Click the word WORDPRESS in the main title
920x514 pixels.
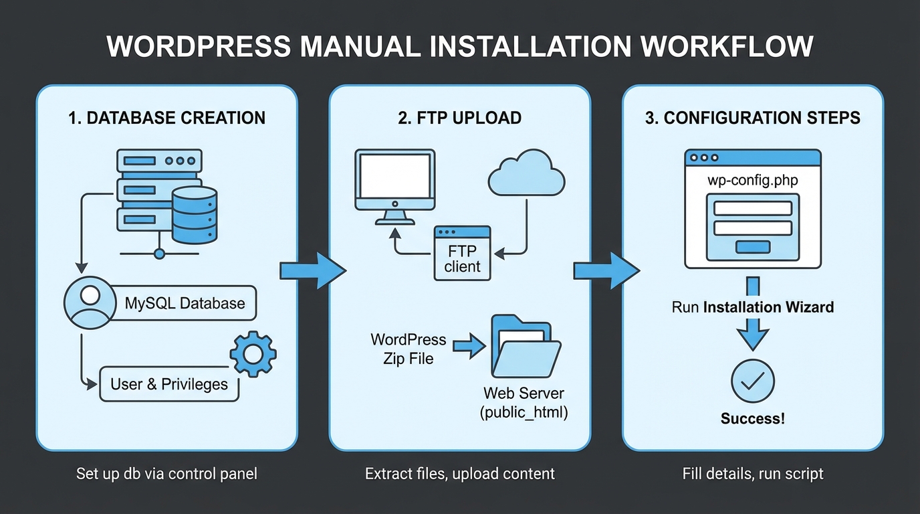(x=199, y=48)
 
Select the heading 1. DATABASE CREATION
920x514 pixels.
(x=166, y=118)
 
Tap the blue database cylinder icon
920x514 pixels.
(x=195, y=216)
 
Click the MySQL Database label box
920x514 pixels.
(x=185, y=303)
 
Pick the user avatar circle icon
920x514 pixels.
(x=89, y=303)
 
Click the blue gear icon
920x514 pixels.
(x=253, y=354)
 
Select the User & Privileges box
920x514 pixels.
(x=169, y=384)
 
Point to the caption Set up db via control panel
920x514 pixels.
(x=166, y=474)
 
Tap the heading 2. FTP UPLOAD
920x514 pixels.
(x=459, y=118)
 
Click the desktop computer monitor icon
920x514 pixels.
(x=395, y=184)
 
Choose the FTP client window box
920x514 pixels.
(x=463, y=253)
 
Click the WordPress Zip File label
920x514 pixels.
(x=408, y=349)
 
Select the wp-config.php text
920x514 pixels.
(x=752, y=181)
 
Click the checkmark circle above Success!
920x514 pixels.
(x=753, y=381)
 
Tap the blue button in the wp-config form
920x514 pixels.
(x=753, y=248)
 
